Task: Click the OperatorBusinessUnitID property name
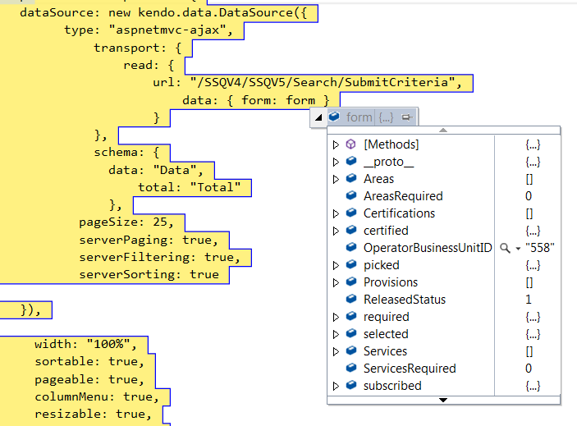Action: [x=428, y=248]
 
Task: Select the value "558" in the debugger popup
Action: [x=540, y=248]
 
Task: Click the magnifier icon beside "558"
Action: [x=506, y=248]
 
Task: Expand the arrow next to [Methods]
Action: [x=336, y=144]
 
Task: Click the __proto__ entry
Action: [x=388, y=162]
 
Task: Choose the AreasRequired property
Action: [x=403, y=196]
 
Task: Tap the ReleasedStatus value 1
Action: [x=529, y=300]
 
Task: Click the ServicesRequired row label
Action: [x=410, y=369]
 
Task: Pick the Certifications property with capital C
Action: [x=399, y=213]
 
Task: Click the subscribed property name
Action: [x=392, y=386]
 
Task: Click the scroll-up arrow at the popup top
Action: [x=443, y=130]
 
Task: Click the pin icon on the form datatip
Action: [x=406, y=118]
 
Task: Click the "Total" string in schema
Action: [x=215, y=188]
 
